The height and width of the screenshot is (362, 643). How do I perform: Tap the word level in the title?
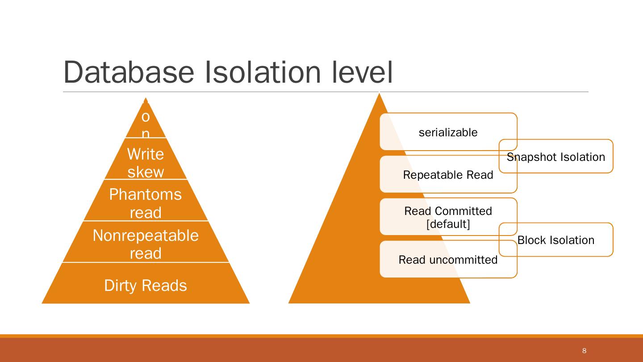363,72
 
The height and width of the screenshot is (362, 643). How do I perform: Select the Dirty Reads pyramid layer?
146,285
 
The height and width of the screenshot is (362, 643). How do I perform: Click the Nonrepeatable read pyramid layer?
146,244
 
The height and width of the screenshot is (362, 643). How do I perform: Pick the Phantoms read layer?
146,203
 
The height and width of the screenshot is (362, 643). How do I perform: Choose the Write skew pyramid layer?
146,162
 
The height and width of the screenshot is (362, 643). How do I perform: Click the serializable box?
448,132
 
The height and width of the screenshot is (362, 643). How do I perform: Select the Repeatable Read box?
448,175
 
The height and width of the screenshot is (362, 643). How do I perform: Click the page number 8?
585,351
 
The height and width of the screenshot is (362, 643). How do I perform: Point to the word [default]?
448,224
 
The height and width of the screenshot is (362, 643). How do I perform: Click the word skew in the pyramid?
146,172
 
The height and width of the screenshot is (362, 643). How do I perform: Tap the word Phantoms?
146,194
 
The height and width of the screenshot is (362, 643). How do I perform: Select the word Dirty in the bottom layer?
118,285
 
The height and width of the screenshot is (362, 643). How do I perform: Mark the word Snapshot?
530,157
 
